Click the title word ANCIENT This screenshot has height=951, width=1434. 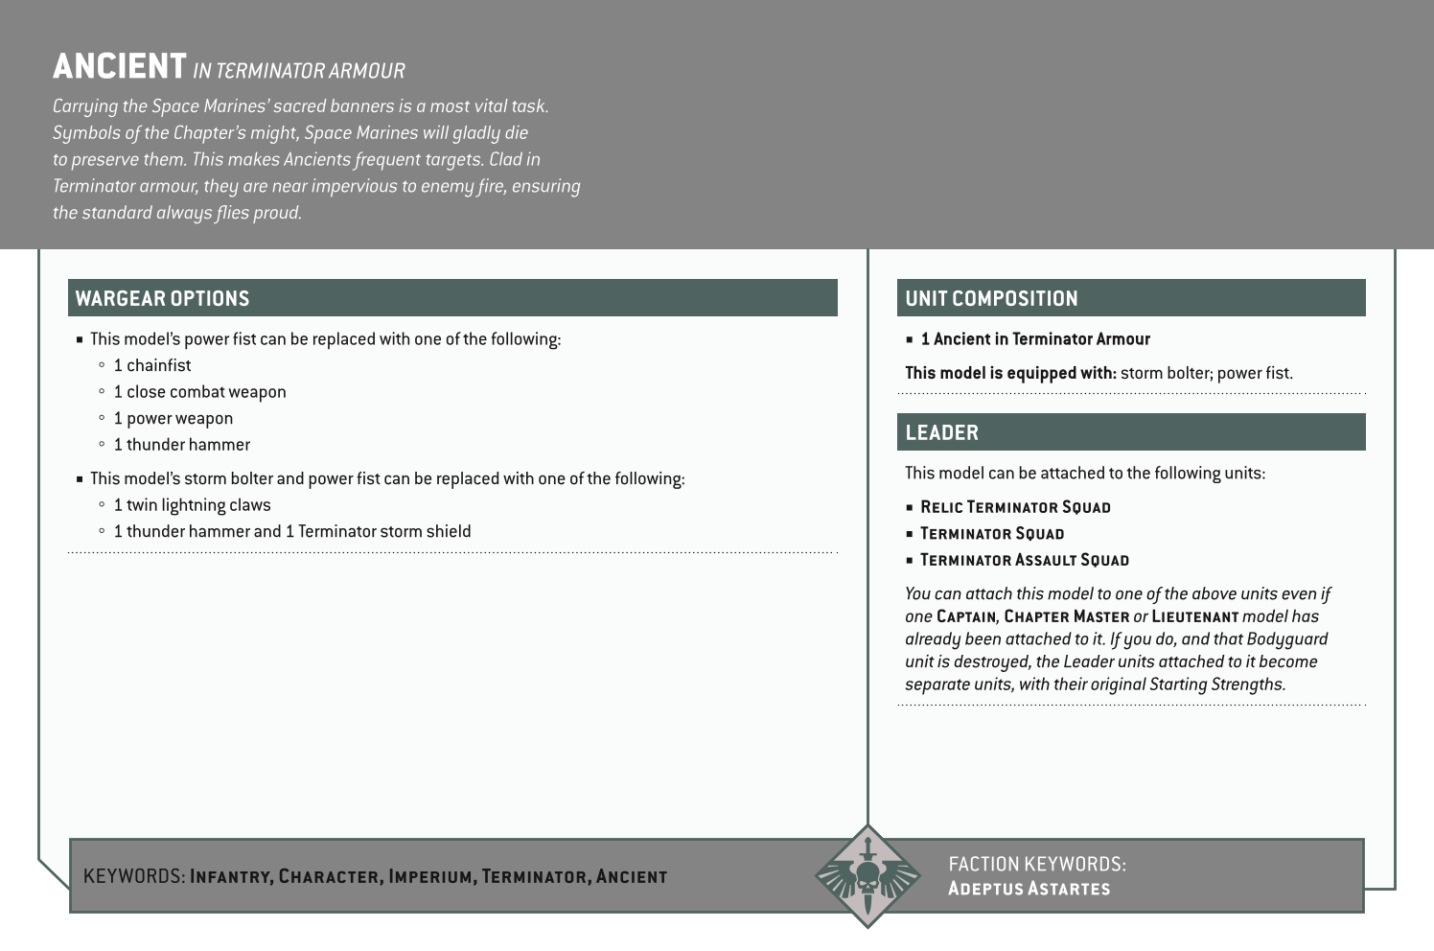coord(119,67)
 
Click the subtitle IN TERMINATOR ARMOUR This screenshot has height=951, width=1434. coord(298,71)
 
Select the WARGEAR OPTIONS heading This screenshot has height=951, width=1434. coord(162,298)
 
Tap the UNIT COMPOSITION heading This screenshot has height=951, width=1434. coord(991,298)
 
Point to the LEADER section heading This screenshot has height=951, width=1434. coord(941,432)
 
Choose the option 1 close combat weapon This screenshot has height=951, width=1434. coord(199,392)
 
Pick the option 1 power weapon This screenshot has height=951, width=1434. coord(173,418)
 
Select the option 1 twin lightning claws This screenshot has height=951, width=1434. coord(192,505)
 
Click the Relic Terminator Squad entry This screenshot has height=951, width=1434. coord(1014,507)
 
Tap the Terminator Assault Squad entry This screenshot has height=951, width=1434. coord(1024,560)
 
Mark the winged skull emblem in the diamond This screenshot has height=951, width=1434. coord(867,876)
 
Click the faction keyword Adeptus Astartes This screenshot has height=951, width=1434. coord(1029,888)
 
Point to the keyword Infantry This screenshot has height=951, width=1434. coord(232,876)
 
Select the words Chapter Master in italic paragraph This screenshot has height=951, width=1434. coord(1066,616)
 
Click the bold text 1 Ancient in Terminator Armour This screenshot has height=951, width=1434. coord(1034,339)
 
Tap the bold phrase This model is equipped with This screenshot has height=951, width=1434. coord(1010,373)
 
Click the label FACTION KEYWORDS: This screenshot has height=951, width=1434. coord(1036,864)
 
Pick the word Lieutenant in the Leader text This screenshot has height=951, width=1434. coord(1194,616)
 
